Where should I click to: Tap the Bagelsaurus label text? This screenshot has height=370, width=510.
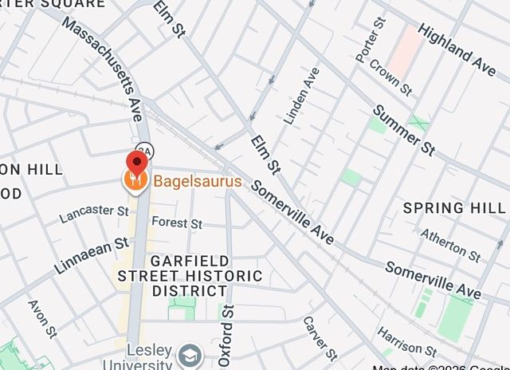coord(197,182)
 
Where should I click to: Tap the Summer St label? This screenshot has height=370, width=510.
coord(404,130)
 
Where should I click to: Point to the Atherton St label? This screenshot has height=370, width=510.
coord(450,245)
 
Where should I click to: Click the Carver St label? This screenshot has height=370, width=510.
coord(320,338)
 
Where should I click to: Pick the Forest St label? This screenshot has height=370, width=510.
coord(177,222)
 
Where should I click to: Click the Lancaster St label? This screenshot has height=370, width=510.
coord(93,213)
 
